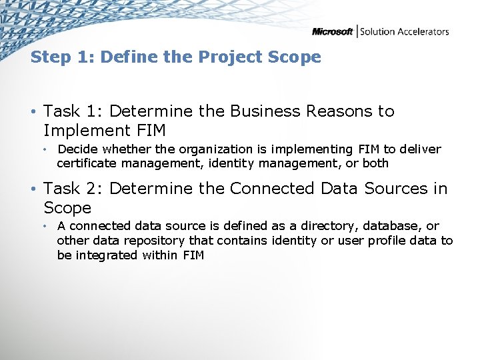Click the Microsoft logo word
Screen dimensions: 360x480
tap(333, 31)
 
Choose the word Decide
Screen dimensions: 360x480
tap(77, 149)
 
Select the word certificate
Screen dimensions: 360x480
tap(84, 163)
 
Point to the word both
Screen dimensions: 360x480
tap(375, 163)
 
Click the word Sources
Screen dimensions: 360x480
tap(396, 189)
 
